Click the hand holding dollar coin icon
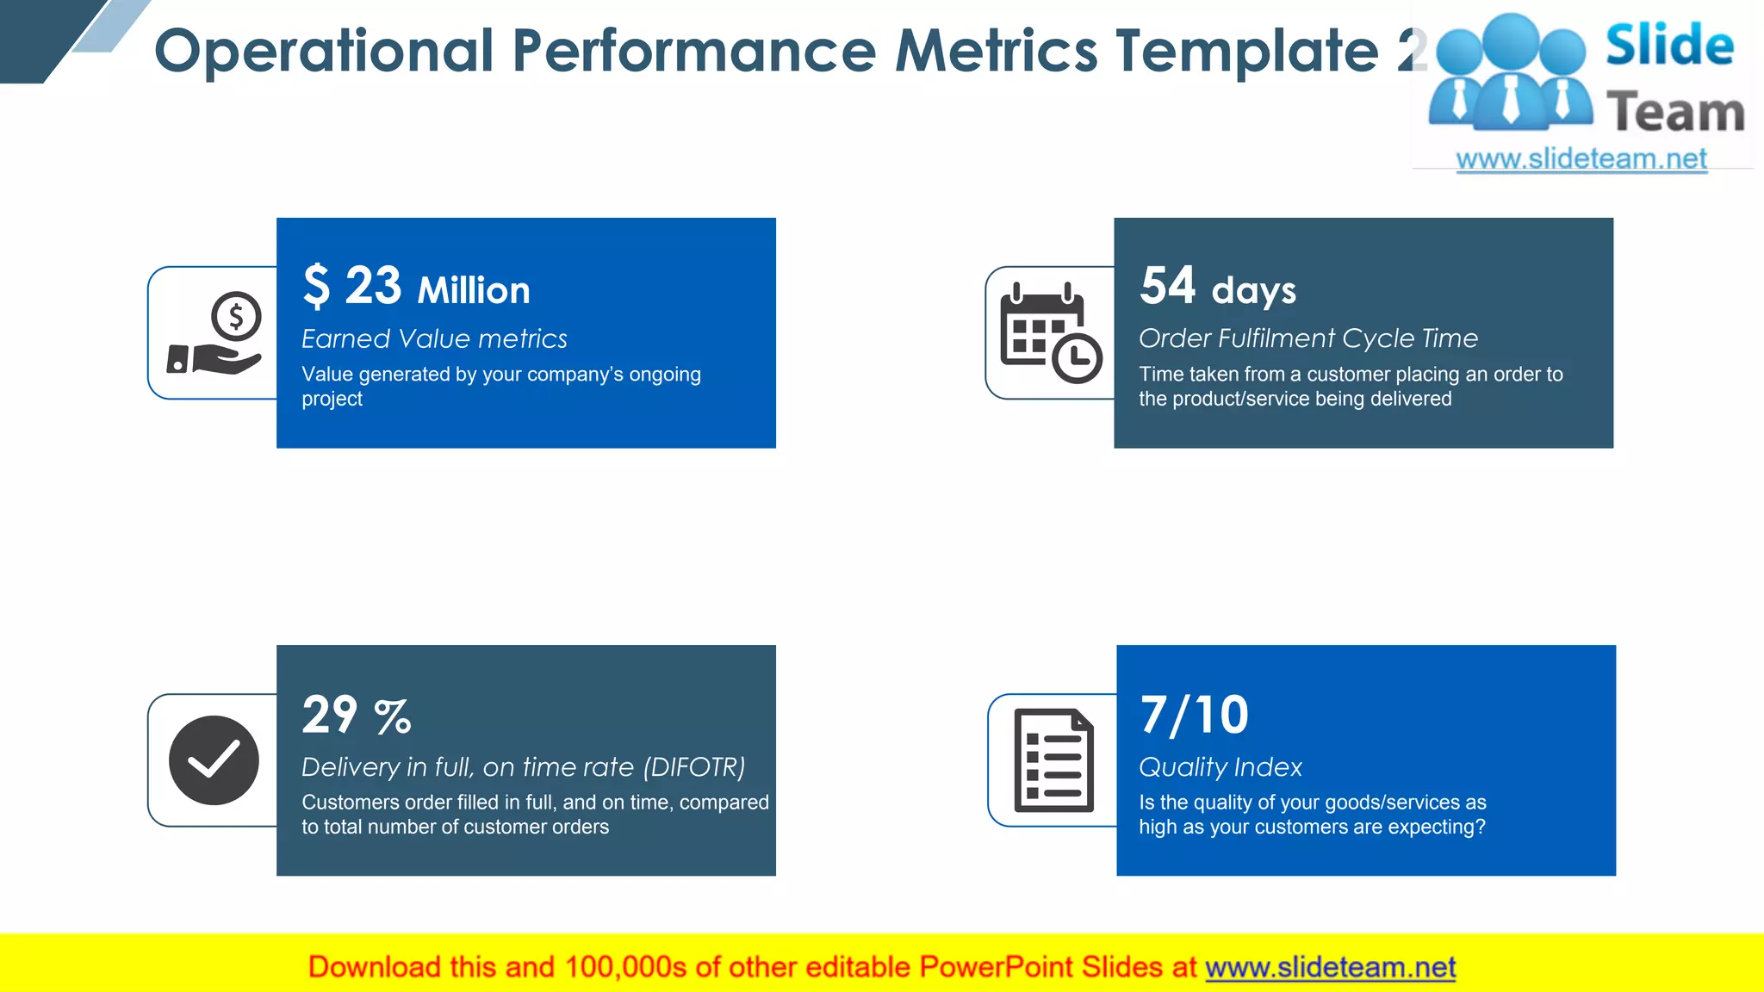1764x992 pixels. coord(215,333)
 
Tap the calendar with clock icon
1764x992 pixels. coord(1051,333)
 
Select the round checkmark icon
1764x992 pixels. coord(214,760)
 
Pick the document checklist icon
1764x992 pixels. coord(1053,760)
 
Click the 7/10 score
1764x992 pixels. coord(1194,715)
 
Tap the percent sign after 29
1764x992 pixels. coord(393,716)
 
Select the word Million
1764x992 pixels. coord(474,290)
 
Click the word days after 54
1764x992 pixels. coord(1253,291)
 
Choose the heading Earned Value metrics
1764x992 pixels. coord(434,338)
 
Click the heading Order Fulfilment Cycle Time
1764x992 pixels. coord(1307,338)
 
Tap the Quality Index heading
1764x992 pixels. coord(1220,766)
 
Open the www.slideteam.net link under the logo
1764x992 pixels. coord(1581,158)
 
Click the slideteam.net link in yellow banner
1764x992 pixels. coord(1330,967)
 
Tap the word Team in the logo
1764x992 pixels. coord(1675,113)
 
